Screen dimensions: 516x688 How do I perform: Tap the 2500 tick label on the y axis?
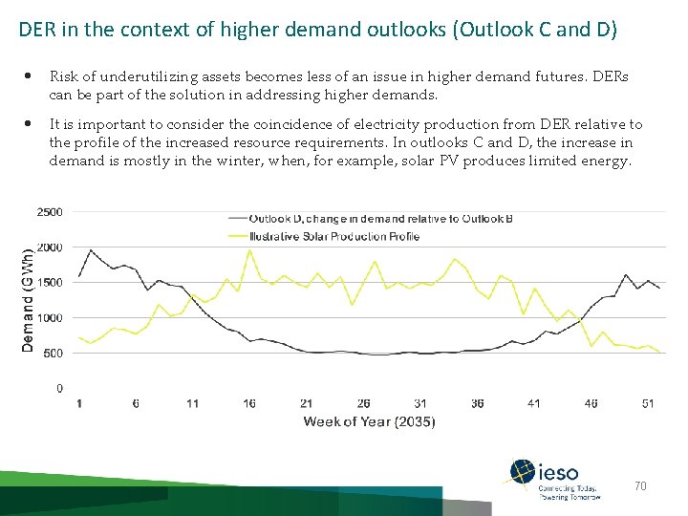click(x=50, y=211)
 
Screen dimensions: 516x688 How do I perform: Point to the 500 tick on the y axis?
click(x=54, y=353)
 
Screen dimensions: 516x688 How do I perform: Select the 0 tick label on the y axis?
click(x=59, y=388)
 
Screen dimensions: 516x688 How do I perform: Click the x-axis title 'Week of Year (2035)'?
click(x=369, y=421)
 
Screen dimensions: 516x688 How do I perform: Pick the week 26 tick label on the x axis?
click(x=363, y=403)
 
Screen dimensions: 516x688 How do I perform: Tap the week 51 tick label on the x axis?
click(x=648, y=403)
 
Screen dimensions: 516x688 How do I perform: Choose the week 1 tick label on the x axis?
click(x=79, y=403)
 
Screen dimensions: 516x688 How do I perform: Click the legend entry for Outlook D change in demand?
click(x=380, y=219)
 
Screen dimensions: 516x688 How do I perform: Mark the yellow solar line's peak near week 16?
click(x=249, y=250)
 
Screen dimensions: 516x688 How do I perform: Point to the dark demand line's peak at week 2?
click(x=91, y=250)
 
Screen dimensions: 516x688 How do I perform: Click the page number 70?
click(x=640, y=486)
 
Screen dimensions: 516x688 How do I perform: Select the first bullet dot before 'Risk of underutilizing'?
click(x=31, y=75)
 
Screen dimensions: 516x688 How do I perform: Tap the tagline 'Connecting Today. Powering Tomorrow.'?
click(x=570, y=493)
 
